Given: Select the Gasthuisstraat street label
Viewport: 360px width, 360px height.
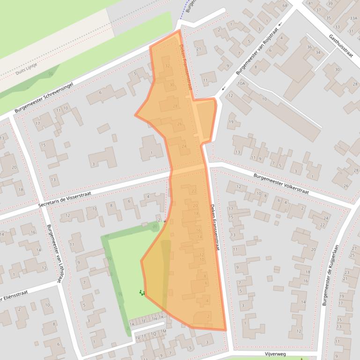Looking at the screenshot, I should coord(341,45).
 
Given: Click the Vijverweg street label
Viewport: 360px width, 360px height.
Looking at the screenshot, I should coord(275,354).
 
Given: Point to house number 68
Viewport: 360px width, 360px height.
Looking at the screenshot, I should coord(285,6).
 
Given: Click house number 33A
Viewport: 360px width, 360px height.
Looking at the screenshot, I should coord(353,18).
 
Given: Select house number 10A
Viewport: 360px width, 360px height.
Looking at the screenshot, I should coord(241,83).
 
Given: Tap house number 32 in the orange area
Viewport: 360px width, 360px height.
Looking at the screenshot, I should coord(168,66).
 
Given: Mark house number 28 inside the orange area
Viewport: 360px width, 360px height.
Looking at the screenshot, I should coord(176,106).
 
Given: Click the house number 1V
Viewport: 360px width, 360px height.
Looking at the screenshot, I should coord(138,338).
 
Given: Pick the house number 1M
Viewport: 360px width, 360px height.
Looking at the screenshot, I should coord(163,331).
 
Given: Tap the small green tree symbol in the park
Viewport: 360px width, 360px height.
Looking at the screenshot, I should coord(141,293).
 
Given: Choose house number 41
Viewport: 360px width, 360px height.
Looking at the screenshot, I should coord(309,3).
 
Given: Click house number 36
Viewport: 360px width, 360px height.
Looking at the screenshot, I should coord(309,47).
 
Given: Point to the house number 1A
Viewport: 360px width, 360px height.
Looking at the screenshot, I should coord(132,324).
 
